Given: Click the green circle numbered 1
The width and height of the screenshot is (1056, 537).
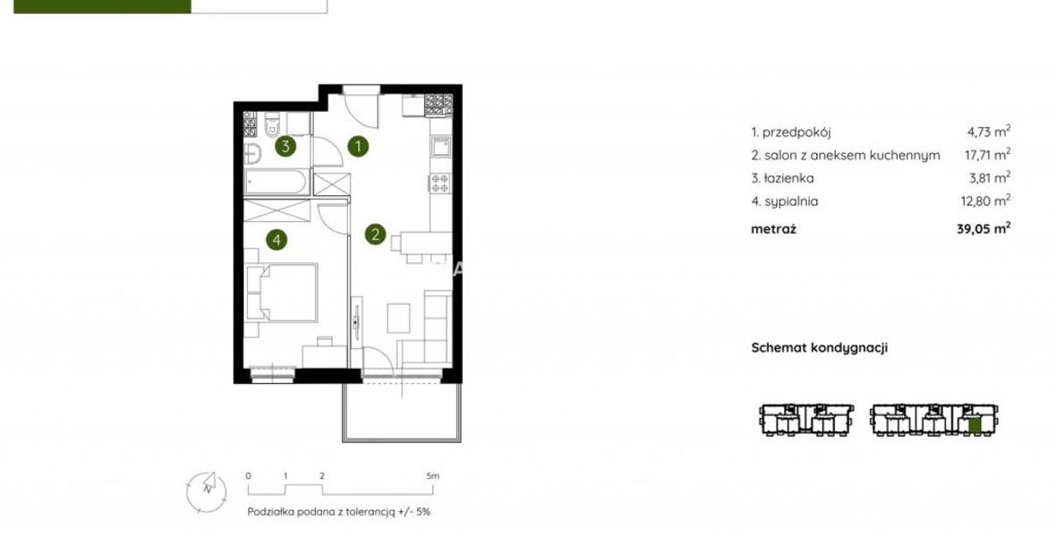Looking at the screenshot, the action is point(358,146).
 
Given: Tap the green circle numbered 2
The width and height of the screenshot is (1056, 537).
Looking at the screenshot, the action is point(375,234).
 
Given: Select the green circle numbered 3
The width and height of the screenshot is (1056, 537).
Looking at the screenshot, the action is point(286,146).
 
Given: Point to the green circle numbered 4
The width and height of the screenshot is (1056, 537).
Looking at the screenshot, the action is point(277,239).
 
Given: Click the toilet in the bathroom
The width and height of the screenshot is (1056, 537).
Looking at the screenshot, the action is point(272,125).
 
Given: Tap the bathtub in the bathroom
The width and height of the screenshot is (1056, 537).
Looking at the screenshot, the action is point(277,182).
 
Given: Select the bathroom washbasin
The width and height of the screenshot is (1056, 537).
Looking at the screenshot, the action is point(251,154).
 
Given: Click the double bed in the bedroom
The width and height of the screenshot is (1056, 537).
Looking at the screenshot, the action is point(282,292).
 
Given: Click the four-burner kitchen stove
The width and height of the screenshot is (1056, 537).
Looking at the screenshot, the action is point(440,183).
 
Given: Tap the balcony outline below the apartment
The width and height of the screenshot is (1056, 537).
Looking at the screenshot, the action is point(402,413).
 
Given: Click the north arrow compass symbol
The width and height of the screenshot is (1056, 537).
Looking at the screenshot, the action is point(207,491).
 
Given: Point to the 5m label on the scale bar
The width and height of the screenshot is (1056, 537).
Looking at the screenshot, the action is point(432,475).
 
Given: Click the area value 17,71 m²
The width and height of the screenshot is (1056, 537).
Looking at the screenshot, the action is point(988,155).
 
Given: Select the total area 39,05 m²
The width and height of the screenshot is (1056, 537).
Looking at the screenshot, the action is point(984,228).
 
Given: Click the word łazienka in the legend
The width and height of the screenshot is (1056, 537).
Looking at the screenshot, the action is point(788,178).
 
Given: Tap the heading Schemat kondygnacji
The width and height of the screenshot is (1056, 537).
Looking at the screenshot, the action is point(820,347).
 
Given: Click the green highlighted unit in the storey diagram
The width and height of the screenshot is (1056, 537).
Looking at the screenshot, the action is point(974,424).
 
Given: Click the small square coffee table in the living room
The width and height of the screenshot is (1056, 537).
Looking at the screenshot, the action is point(399,318).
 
